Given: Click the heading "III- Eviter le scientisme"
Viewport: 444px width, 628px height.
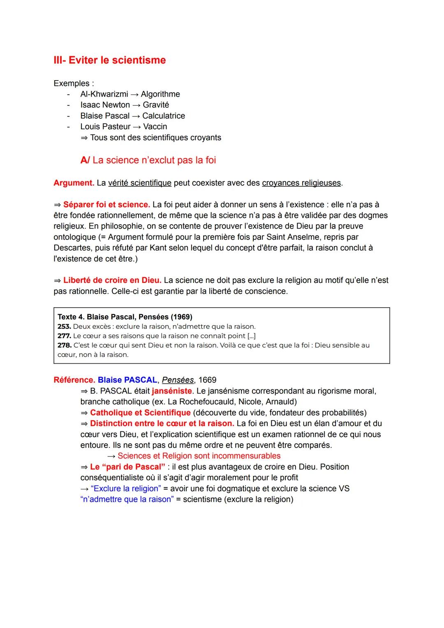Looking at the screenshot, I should coord(109,60).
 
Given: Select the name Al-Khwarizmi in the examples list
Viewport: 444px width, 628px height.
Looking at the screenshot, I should coord(104,94).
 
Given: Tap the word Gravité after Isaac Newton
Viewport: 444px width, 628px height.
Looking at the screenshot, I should coord(156,105).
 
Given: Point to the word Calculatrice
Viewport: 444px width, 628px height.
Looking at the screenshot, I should coord(164,116).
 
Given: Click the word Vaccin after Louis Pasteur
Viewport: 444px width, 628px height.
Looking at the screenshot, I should coord(155,127).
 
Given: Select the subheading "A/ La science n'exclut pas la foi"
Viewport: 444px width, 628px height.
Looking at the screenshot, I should coord(148,160).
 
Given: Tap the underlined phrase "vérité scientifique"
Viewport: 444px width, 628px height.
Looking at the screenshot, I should coord(139,183).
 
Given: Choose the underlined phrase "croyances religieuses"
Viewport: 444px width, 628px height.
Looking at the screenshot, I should coord(301,183).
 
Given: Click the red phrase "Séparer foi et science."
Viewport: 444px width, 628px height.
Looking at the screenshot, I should coord(106,205).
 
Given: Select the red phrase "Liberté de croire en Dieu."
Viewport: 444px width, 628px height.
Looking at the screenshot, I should coord(112,280).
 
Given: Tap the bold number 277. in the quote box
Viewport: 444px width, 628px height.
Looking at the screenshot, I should coord(64,336).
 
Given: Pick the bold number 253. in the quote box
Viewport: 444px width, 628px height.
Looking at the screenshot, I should coord(64,327).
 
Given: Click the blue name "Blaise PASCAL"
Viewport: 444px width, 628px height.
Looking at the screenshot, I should coord(127,380).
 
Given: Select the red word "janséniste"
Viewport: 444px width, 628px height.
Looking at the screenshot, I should coord(171,391).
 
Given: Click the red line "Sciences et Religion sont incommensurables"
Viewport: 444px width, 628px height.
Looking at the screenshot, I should coord(199,456).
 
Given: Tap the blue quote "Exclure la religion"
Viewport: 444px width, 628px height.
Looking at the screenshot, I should coord(126,489).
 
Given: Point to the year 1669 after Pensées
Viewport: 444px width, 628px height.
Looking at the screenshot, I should coord(207,380).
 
